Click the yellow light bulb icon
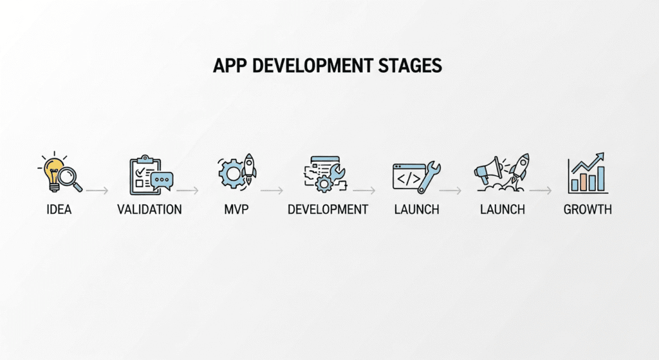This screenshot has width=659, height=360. click(x=53, y=168)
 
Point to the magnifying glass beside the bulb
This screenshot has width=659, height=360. click(x=71, y=178)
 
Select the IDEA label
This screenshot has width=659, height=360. click(x=60, y=210)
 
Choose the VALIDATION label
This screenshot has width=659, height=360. click(x=149, y=210)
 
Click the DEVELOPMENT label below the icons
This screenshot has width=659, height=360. click(x=328, y=210)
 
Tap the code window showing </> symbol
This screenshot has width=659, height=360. click(x=408, y=175)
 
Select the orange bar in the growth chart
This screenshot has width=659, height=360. click(x=584, y=182)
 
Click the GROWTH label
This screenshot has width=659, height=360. click(x=587, y=210)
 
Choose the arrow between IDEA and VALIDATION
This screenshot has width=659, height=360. click(x=96, y=191)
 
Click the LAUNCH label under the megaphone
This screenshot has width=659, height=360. click(x=503, y=210)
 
